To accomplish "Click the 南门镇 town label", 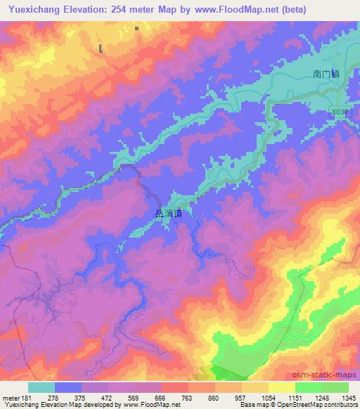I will [326, 73].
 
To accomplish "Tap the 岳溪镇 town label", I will [167, 214].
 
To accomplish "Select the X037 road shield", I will [341, 112].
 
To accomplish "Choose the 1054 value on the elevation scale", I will [267, 398].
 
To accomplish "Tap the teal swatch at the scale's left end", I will [41, 387].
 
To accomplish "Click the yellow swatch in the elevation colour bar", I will [281, 387].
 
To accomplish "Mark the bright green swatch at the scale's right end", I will [335, 387].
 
